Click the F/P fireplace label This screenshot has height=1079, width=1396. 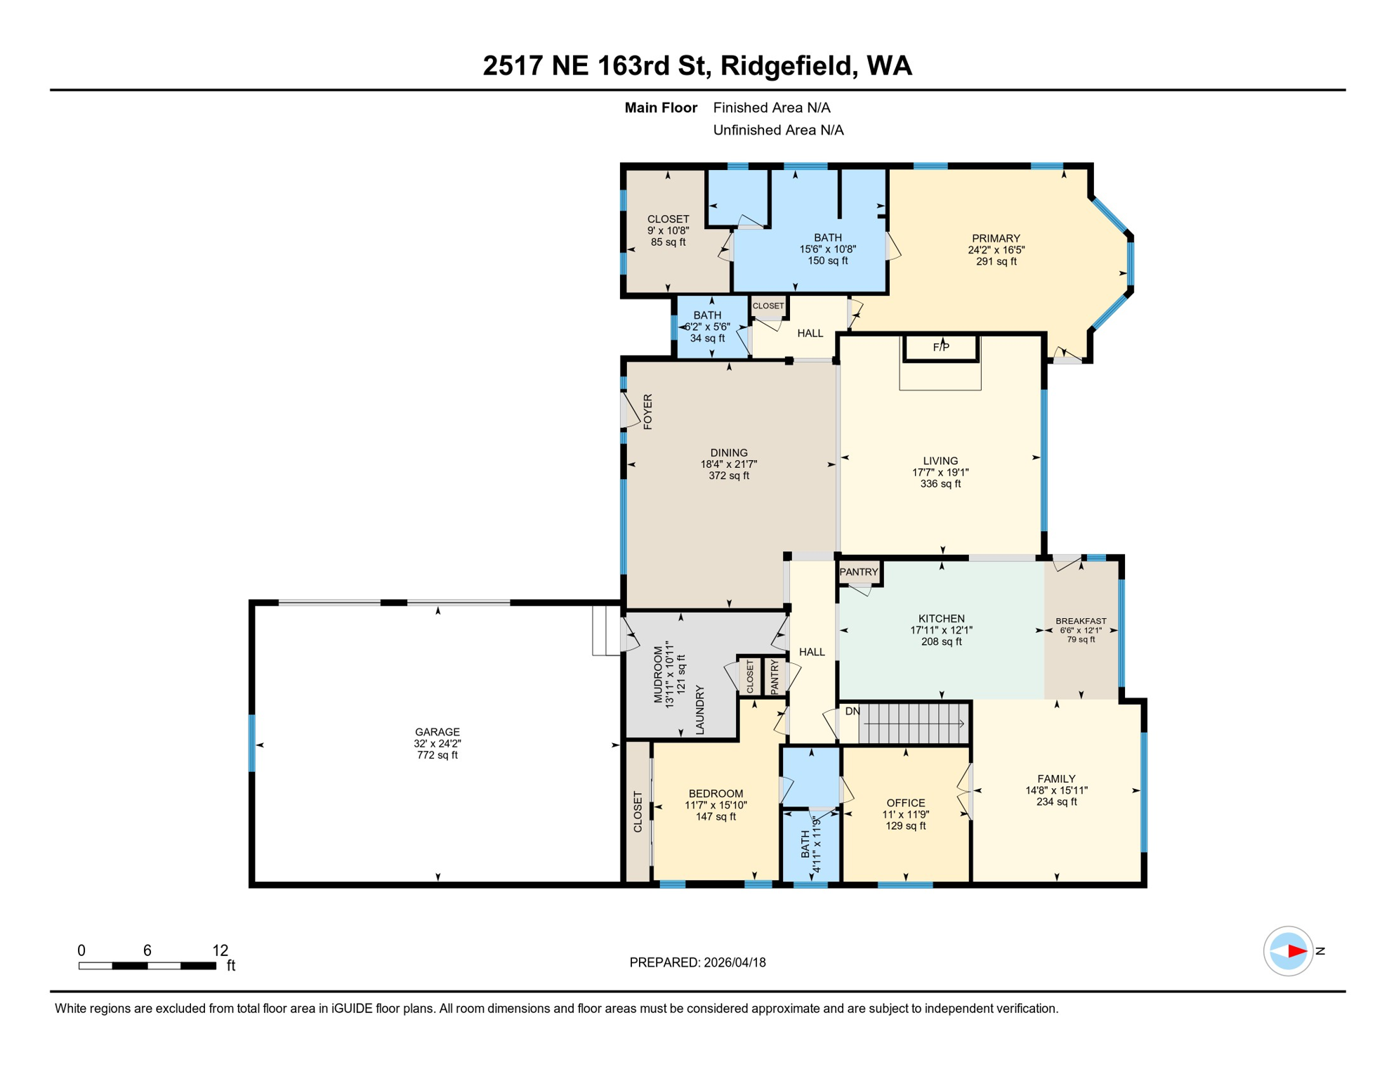(941, 347)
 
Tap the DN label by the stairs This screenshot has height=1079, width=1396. (852, 712)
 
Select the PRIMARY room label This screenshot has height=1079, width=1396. (996, 238)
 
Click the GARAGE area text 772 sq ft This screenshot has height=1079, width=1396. (437, 755)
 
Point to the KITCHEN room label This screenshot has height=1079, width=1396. (941, 619)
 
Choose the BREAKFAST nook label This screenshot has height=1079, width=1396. (1081, 621)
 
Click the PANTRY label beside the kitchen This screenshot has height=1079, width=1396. (859, 572)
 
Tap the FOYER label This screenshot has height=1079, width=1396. (647, 412)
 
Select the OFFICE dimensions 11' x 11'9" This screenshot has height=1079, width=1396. (905, 815)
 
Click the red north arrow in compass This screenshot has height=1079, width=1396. (1296, 951)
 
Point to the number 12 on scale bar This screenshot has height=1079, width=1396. (220, 950)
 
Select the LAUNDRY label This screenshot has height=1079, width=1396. (699, 711)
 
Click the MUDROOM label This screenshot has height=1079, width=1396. (658, 675)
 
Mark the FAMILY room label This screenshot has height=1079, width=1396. (1056, 778)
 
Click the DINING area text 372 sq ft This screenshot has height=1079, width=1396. (729, 476)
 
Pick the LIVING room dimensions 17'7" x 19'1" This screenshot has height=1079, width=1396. (940, 473)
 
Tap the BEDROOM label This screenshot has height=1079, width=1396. (716, 794)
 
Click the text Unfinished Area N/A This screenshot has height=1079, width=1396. (778, 130)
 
